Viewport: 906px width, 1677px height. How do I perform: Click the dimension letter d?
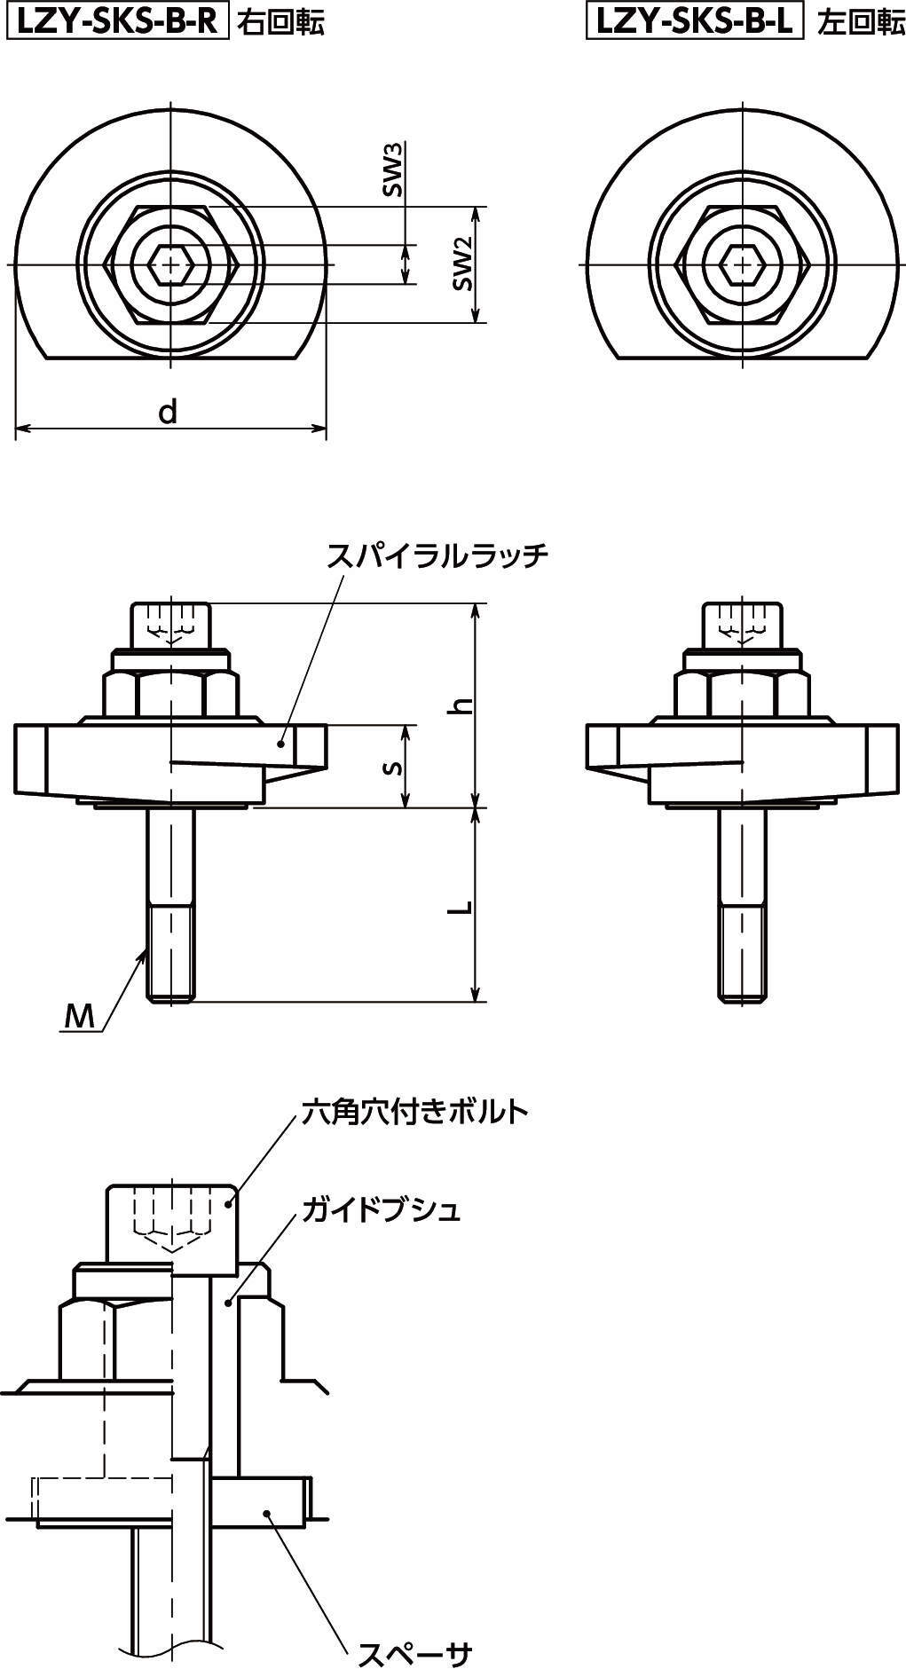(168, 411)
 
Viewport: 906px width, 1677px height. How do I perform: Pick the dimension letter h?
(461, 705)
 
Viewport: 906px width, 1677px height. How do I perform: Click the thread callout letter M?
(80, 1017)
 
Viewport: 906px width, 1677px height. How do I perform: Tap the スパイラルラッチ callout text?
(438, 555)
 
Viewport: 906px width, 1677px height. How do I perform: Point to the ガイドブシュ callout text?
(382, 1209)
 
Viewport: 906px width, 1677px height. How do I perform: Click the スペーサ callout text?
(414, 1652)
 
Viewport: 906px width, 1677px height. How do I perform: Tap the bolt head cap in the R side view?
(171, 626)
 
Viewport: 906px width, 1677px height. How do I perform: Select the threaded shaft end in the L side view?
(741, 955)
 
